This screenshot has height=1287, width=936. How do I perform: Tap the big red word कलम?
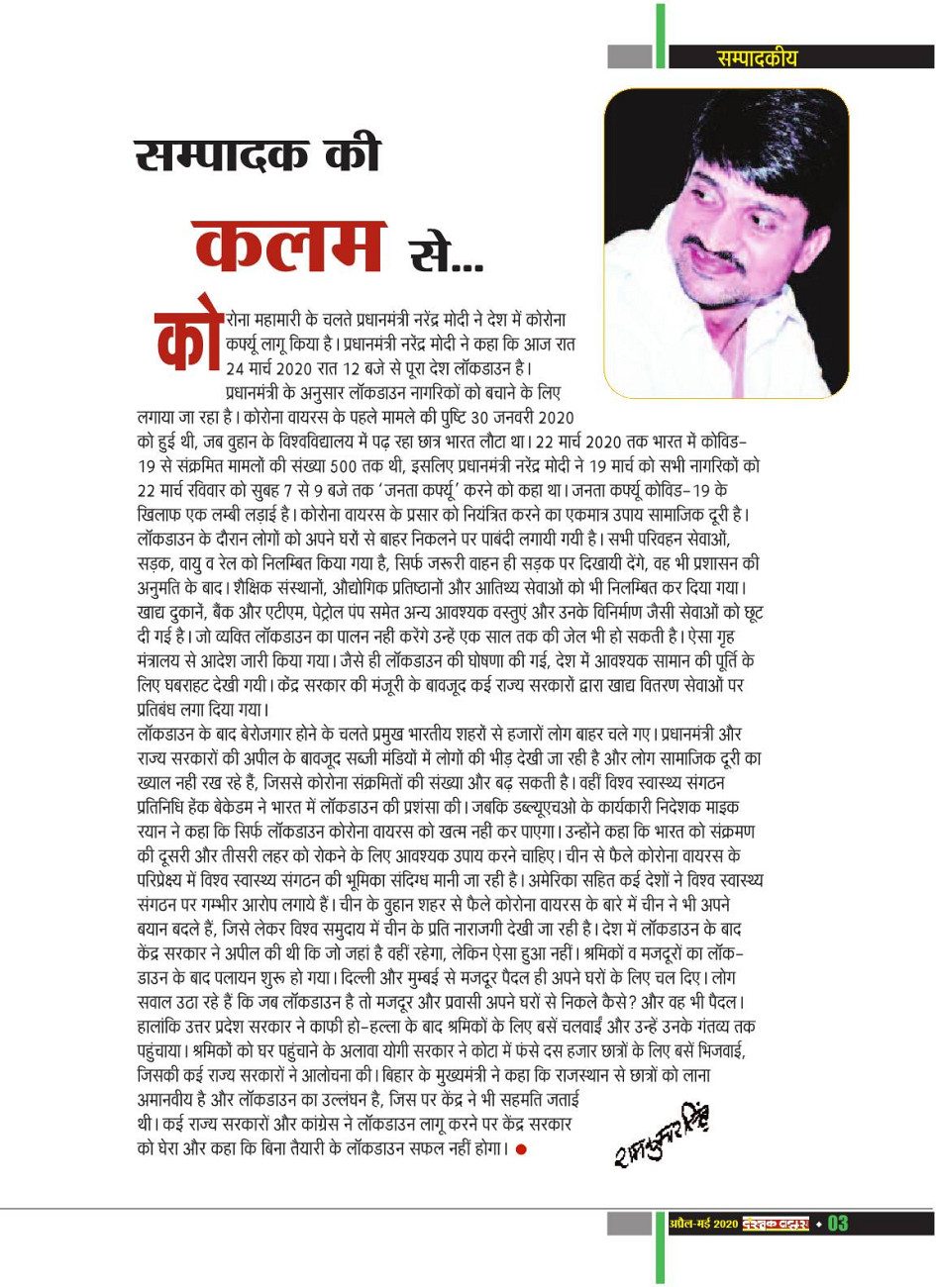click(288, 244)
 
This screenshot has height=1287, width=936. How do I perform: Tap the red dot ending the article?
click(521, 1149)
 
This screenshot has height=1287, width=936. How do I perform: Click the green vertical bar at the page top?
click(660, 35)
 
